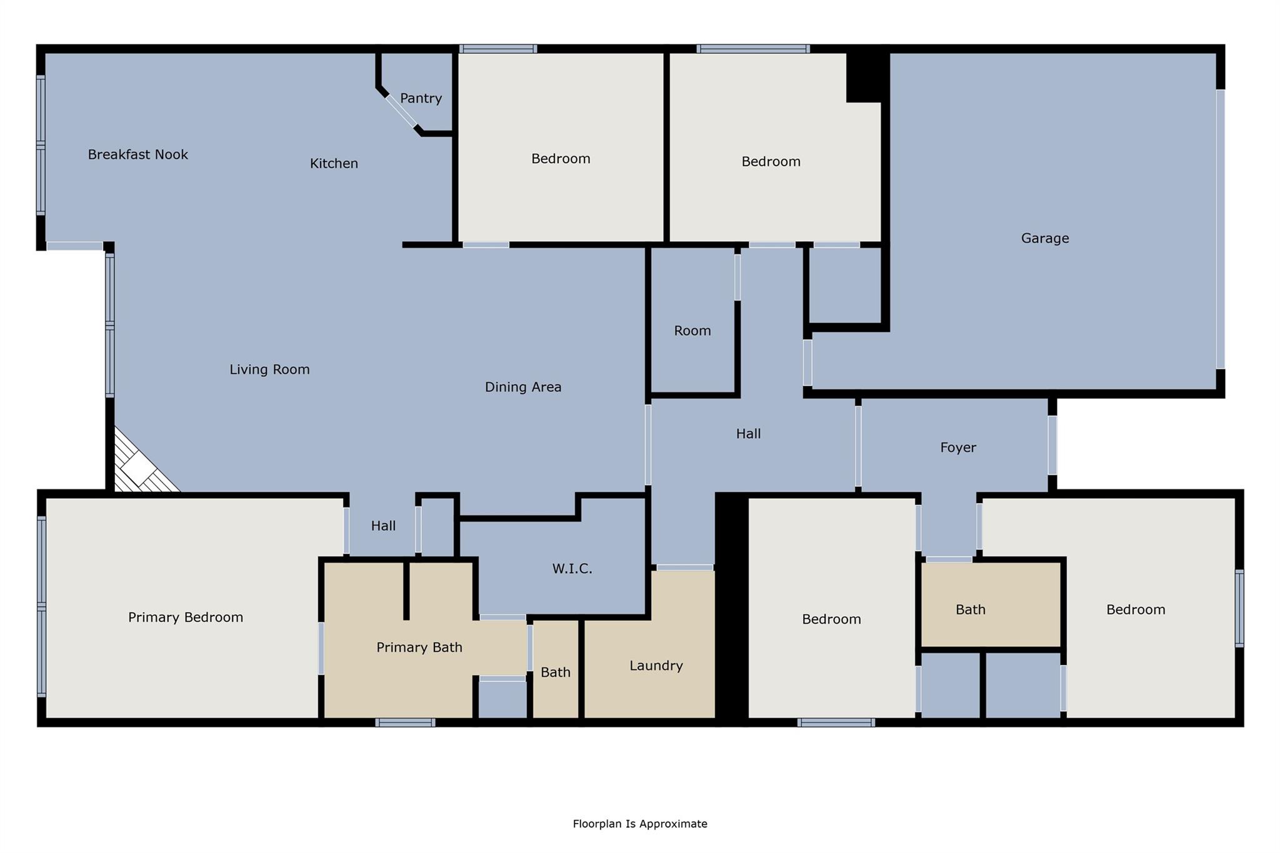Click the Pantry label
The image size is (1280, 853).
(x=421, y=98)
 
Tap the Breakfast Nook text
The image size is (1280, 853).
(x=137, y=154)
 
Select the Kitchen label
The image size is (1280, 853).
(x=334, y=163)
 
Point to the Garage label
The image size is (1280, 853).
(x=1044, y=238)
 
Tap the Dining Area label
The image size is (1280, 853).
(x=523, y=387)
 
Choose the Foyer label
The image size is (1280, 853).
(x=957, y=447)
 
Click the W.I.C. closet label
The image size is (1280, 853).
(x=572, y=569)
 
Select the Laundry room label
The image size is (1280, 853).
(x=656, y=666)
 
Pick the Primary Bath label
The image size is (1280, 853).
(x=419, y=647)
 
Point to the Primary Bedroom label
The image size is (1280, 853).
(x=186, y=617)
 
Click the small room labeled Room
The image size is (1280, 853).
(x=692, y=331)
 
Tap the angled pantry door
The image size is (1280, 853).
(x=401, y=111)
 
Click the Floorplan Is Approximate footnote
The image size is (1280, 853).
(x=639, y=824)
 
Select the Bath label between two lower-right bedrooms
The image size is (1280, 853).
(x=970, y=609)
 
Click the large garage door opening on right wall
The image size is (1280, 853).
(x=1219, y=229)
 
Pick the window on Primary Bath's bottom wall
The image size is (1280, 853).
(x=405, y=722)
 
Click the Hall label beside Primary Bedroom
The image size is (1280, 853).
(x=383, y=526)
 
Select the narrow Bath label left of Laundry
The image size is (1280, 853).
(x=555, y=672)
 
